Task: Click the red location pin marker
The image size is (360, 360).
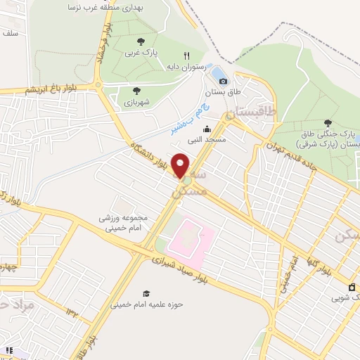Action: click(181, 165)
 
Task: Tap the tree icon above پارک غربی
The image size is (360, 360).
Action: click(141, 41)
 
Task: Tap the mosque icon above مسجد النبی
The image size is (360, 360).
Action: click(207, 129)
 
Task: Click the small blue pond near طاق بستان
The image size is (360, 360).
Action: click(218, 73)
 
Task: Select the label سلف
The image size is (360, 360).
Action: click(10, 33)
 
